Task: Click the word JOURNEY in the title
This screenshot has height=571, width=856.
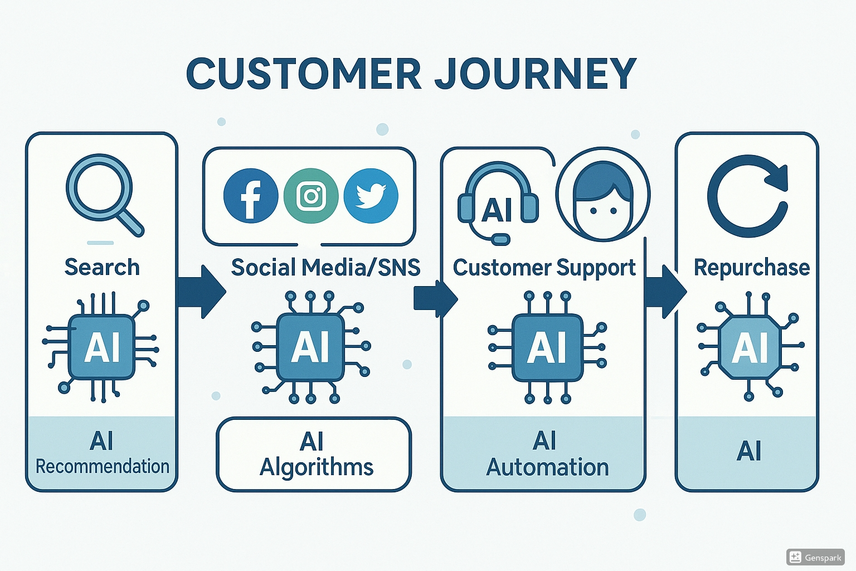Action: pyautogui.click(x=535, y=74)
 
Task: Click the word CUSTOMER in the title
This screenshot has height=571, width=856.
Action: pyautogui.click(x=304, y=74)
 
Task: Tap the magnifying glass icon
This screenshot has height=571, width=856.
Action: pyautogui.click(x=103, y=192)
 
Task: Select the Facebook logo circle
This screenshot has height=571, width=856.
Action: pyautogui.click(x=251, y=196)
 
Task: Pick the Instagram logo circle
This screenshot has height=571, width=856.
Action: pyautogui.click(x=311, y=196)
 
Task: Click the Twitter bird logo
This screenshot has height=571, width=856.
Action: pyautogui.click(x=371, y=196)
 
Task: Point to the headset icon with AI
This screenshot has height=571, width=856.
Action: pyautogui.click(x=498, y=202)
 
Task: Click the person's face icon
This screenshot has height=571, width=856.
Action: pyautogui.click(x=603, y=195)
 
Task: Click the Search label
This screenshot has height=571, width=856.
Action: pyautogui.click(x=102, y=267)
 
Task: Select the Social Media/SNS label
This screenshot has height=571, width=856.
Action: pyautogui.click(x=325, y=268)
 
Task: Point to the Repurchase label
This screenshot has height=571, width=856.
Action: pyautogui.click(x=751, y=268)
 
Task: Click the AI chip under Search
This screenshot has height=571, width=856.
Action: pyautogui.click(x=101, y=347)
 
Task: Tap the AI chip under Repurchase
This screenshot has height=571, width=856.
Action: pyautogui.click(x=750, y=347)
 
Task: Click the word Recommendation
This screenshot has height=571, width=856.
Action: pyautogui.click(x=103, y=466)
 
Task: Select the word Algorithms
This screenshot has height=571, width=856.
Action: pyautogui.click(x=317, y=467)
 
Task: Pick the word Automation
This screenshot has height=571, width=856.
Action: pyautogui.click(x=547, y=467)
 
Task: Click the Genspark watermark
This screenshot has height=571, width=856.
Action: pyautogui.click(x=816, y=557)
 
